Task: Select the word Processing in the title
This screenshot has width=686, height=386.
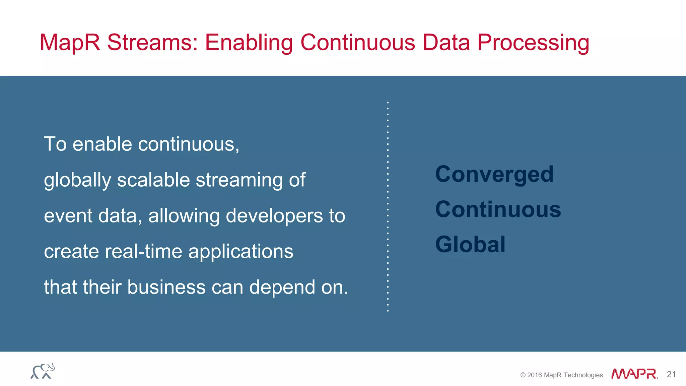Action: coord(533,43)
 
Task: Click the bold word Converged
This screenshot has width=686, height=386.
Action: coord(494,175)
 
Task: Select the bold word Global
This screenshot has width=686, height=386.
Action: coord(470,244)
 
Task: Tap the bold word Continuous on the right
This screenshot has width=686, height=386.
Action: coord(498,209)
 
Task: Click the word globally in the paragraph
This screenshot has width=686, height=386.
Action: coord(77,180)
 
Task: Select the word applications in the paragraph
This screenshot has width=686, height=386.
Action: coord(241,252)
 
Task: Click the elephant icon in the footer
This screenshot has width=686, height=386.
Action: coord(43,371)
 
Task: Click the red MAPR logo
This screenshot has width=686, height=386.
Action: coord(634,374)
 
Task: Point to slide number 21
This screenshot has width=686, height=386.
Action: coord(671,374)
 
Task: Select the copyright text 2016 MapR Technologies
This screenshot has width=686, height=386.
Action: coord(561,375)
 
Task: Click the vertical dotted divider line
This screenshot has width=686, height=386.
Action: coord(388,206)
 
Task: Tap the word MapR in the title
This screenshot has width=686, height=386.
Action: coord(70,43)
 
